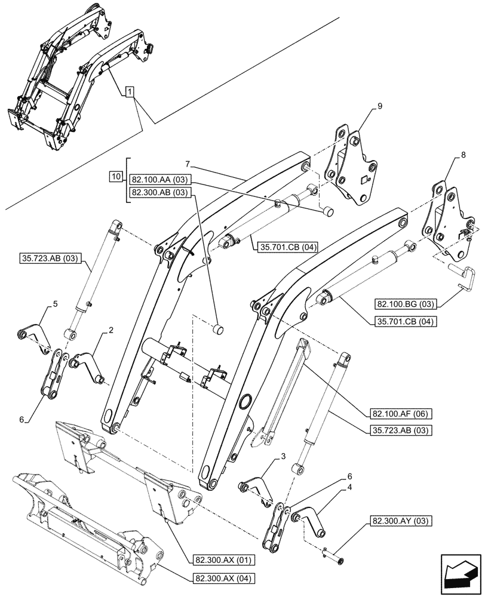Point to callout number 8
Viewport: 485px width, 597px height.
click(463, 155)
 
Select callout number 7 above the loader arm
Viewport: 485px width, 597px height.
click(187, 163)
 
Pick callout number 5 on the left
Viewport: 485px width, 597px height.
click(55, 304)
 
